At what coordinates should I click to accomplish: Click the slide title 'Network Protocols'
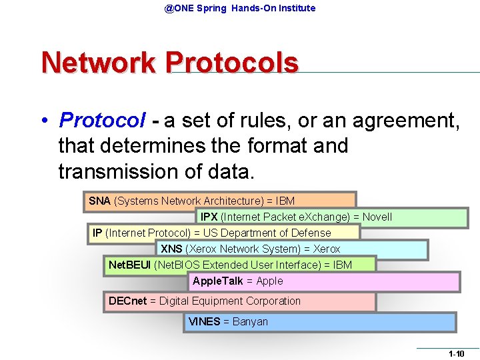(x=169, y=63)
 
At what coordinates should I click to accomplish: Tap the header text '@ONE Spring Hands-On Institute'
(x=240, y=8)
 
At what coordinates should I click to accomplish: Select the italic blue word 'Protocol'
(x=101, y=120)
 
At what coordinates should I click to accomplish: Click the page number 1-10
(x=456, y=353)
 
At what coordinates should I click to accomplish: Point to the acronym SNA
(x=100, y=201)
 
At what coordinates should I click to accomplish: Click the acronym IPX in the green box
(x=209, y=217)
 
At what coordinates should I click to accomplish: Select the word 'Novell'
(x=377, y=217)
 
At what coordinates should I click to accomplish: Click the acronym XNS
(x=171, y=249)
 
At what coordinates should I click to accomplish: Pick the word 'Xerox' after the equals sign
(x=327, y=249)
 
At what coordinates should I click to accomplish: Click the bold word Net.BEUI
(x=129, y=265)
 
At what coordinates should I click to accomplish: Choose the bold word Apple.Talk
(x=217, y=281)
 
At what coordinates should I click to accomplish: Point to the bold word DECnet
(x=127, y=301)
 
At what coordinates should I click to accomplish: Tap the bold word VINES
(x=204, y=321)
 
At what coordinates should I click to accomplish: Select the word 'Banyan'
(x=250, y=321)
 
